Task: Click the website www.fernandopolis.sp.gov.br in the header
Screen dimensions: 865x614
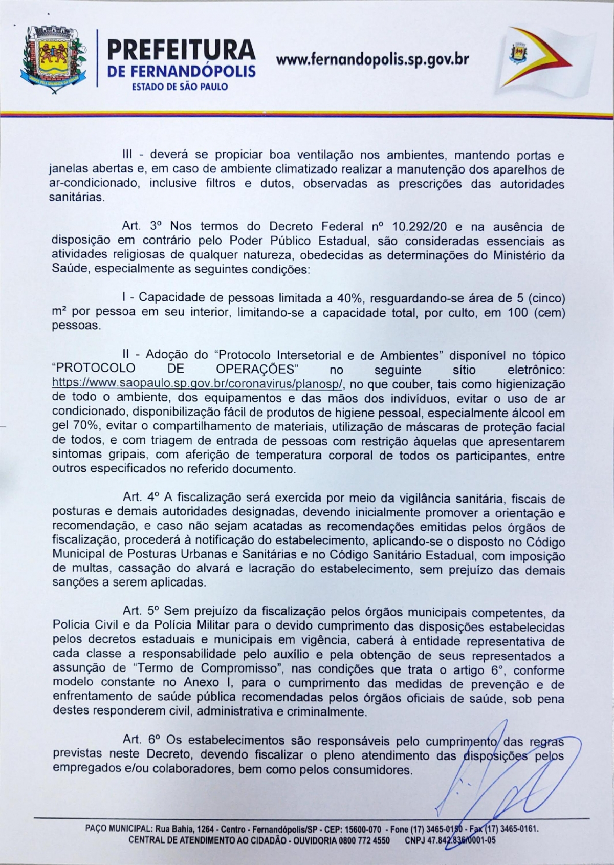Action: tap(372, 59)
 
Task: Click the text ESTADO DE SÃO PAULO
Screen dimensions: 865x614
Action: tap(180, 86)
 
